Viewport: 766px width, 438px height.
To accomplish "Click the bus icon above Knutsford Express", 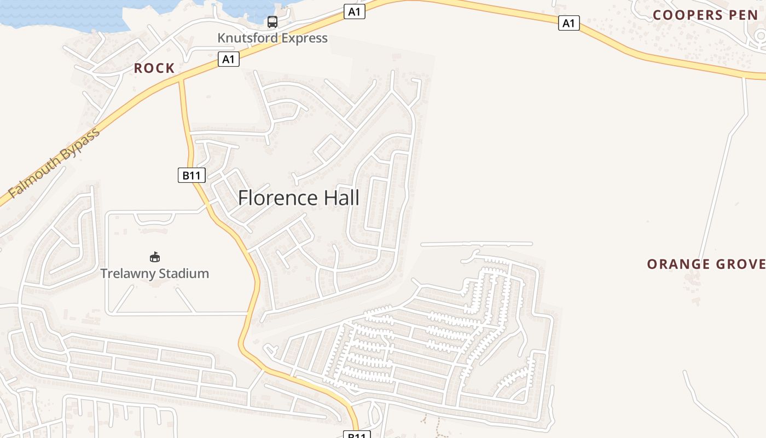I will pos(272,22).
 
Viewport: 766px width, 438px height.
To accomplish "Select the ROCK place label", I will pos(154,68).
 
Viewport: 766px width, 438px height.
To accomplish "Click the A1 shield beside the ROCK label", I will pos(229,59).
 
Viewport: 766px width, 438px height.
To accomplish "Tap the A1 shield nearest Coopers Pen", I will pos(569,23).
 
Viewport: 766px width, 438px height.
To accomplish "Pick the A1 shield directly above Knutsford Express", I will pos(355,11).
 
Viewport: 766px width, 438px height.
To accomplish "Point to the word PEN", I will pos(743,15).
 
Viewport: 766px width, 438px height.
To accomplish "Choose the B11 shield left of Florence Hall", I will pos(191,175).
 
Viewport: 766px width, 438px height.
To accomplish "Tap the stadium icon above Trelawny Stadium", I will pos(155,257).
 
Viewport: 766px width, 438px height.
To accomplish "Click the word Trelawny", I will pos(126,273).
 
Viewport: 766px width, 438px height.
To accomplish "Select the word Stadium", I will pos(182,273).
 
